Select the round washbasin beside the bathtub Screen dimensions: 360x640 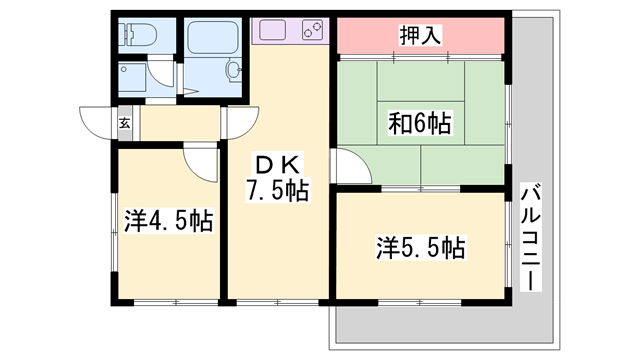tap(234, 70)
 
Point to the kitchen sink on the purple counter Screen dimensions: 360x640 tap(270, 30)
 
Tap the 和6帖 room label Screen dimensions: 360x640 tap(419, 125)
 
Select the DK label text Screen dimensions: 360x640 tap(276, 163)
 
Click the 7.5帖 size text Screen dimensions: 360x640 tap(277, 190)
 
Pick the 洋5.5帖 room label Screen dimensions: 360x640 tap(421, 245)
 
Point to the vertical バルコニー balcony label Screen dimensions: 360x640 tap(530, 236)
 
